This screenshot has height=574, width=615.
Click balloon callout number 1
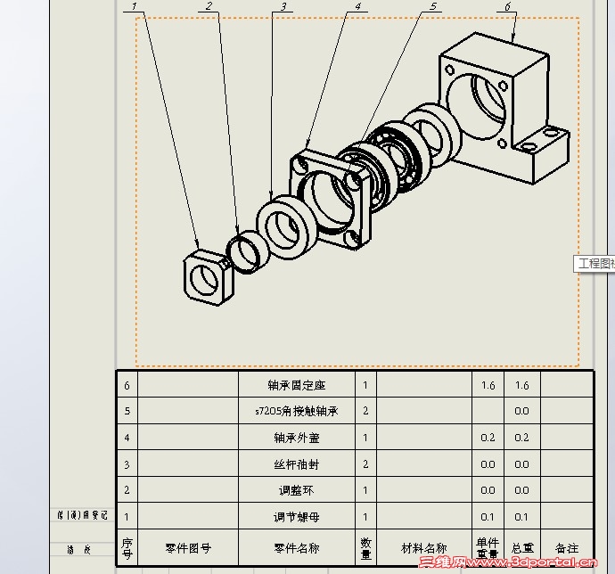135,6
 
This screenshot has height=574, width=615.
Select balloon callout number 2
209,6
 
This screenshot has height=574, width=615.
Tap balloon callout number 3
283,6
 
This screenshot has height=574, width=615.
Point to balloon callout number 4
357,6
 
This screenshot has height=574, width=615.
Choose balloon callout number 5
433,6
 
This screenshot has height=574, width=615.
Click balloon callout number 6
507,6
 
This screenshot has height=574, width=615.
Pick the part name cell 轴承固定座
297,385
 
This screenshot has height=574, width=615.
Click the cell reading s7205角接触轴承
297,412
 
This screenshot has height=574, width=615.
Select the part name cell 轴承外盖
297,438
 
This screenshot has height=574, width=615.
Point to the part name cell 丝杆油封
297,464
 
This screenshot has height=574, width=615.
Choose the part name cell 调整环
297,490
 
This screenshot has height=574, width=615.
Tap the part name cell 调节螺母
297,517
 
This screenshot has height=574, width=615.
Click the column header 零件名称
297,548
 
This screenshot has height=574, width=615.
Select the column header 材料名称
423,548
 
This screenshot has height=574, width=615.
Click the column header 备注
567,548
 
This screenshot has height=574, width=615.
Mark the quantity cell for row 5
365,412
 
